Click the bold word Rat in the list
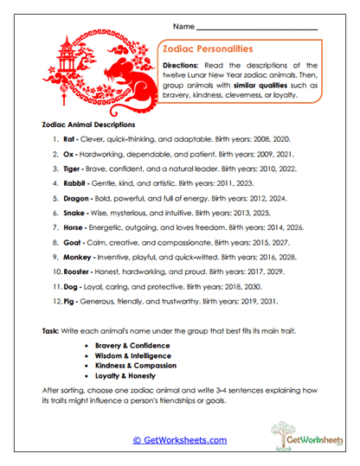(x=70, y=137)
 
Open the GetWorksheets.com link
(x=180, y=440)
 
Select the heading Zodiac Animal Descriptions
(x=93, y=124)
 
